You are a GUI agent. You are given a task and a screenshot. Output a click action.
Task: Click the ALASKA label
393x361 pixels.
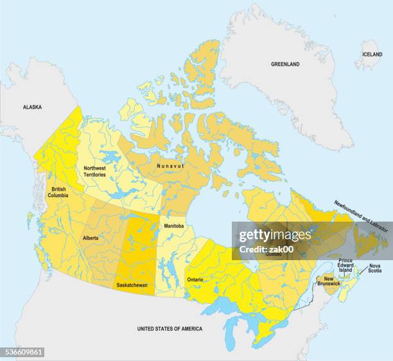(x=32, y=108)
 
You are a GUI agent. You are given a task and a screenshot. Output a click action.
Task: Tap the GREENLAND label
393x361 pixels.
(x=284, y=64)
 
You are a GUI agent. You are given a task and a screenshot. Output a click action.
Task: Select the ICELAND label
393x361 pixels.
(x=372, y=55)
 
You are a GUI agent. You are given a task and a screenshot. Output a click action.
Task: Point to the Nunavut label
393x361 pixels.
(x=170, y=166)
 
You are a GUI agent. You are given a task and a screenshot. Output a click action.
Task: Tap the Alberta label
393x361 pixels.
(x=91, y=238)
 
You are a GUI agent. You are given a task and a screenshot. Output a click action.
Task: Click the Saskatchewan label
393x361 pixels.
(x=132, y=285)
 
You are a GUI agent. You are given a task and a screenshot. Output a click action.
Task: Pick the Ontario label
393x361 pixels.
(x=195, y=280)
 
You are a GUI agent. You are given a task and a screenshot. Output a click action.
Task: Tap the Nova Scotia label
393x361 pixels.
(x=375, y=268)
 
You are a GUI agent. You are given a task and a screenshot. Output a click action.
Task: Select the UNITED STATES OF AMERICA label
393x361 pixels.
(x=170, y=329)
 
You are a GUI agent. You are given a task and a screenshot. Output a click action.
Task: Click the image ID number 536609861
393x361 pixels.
(x=22, y=352)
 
